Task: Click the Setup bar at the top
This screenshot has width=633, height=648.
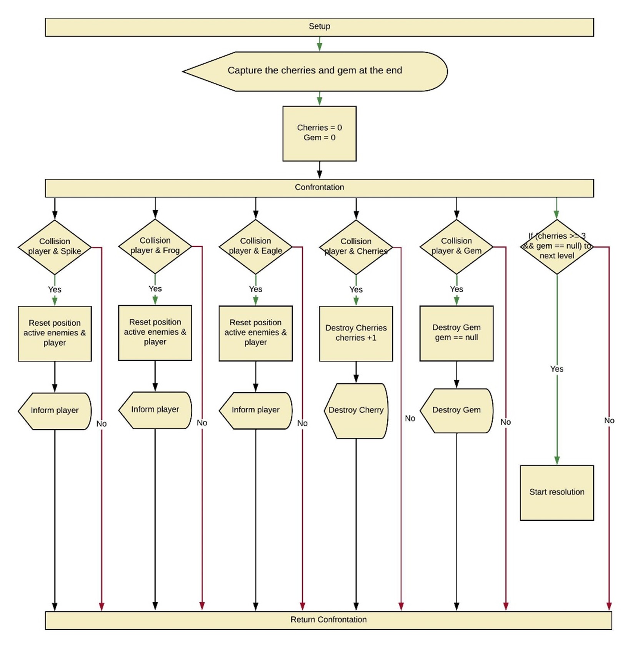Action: click(319, 27)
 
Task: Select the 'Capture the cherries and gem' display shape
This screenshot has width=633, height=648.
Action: click(315, 71)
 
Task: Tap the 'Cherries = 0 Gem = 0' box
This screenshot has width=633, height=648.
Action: click(319, 133)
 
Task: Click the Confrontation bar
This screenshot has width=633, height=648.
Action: click(319, 188)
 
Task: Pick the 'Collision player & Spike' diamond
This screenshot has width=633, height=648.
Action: click(55, 247)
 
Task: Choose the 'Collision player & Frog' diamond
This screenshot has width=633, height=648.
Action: click(155, 246)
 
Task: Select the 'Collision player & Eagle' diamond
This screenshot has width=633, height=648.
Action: click(255, 247)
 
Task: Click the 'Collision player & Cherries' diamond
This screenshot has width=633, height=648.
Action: click(356, 247)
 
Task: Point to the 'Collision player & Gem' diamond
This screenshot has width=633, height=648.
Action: click(456, 247)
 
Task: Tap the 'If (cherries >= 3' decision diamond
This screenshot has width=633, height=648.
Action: click(556, 247)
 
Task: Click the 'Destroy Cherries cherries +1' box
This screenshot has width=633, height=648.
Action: click(356, 333)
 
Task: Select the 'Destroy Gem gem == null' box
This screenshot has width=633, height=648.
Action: click(456, 333)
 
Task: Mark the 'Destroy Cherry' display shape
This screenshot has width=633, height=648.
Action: click(356, 410)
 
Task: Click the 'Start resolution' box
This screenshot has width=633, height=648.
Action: click(556, 492)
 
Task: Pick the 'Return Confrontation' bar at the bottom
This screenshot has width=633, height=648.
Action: click(328, 620)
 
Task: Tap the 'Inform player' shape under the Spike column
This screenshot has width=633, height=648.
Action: click(55, 411)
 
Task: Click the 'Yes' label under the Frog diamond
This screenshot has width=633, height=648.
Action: click(155, 289)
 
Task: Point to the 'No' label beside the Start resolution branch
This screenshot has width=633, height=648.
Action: click(609, 421)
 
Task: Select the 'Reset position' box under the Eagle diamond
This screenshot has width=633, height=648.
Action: click(255, 333)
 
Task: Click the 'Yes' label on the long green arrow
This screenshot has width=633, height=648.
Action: click(556, 369)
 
